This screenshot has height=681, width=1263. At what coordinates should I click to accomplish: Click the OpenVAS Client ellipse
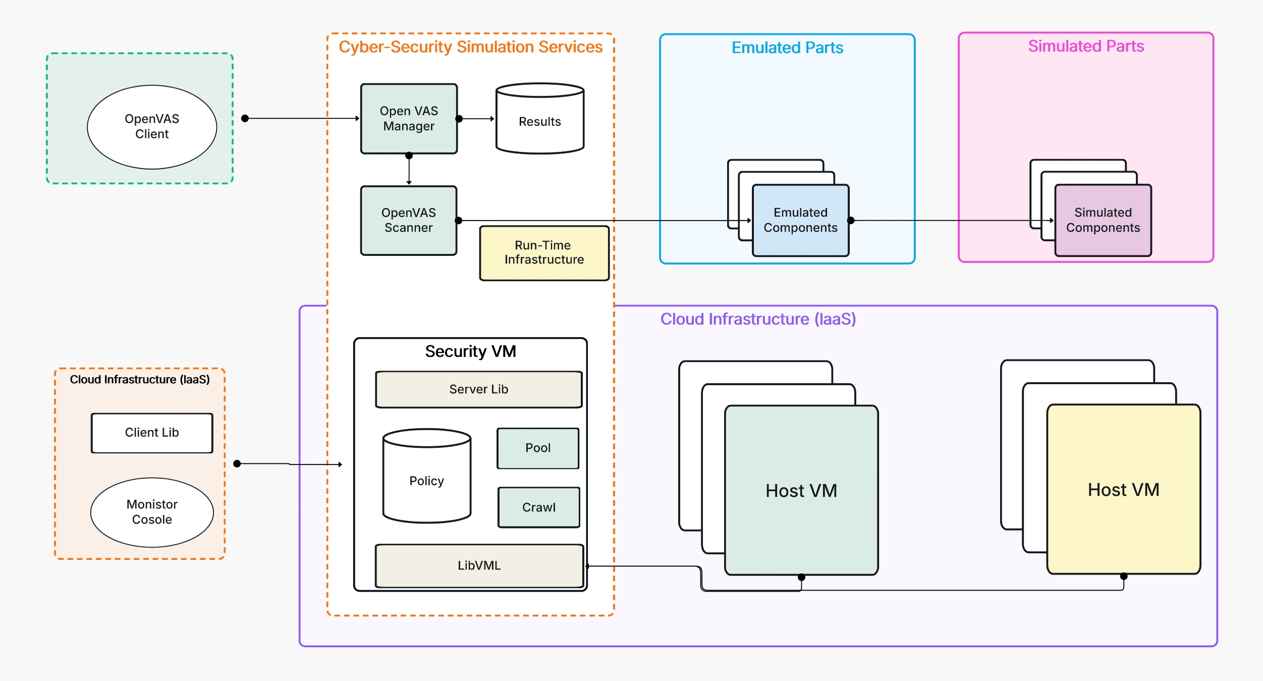click(x=152, y=127)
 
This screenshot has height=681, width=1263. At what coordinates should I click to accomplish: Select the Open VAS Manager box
click(x=409, y=119)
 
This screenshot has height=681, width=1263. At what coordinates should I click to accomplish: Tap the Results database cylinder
click(x=540, y=121)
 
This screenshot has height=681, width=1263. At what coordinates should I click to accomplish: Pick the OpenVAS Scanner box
click(x=409, y=221)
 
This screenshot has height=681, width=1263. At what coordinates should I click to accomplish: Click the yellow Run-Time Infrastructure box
click(x=544, y=252)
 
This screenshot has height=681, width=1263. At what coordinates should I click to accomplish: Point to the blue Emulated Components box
click(x=800, y=221)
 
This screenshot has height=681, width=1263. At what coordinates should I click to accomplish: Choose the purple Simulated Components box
click(x=1103, y=221)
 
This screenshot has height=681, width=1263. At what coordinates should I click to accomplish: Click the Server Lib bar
click(x=478, y=389)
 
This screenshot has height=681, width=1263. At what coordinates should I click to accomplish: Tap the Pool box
click(x=538, y=448)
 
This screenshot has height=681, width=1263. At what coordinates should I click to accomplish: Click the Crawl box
click(x=538, y=507)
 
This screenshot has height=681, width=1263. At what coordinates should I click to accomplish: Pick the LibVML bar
click(x=479, y=565)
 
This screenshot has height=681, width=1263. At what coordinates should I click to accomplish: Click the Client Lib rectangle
click(x=152, y=433)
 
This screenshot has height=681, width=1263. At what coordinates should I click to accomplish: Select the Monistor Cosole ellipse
click(x=152, y=512)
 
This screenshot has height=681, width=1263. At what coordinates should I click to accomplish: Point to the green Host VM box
click(x=801, y=490)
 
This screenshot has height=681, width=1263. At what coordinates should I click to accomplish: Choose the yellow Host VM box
click(x=1123, y=489)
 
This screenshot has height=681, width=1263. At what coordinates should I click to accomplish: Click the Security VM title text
click(x=470, y=351)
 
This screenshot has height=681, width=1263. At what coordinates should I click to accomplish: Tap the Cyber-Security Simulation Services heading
click(x=470, y=47)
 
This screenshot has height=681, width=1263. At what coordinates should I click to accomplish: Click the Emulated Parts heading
click(x=787, y=48)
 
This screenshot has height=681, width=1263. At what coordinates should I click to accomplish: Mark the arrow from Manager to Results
click(x=477, y=119)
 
